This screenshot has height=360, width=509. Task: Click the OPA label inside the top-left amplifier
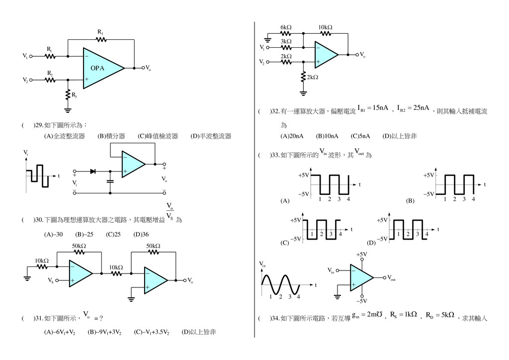click(97, 68)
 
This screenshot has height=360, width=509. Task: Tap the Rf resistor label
click(100, 33)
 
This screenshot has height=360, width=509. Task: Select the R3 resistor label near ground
click(74, 95)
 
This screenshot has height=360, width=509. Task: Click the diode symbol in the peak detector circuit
click(92, 171)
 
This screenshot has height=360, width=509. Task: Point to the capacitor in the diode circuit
click(110, 181)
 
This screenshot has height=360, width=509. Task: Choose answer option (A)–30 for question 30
click(53, 234)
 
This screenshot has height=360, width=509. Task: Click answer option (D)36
click(142, 234)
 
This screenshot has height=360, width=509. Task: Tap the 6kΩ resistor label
click(286, 27)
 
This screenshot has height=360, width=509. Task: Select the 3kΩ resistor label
click(286, 41)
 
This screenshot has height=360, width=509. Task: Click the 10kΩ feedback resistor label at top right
click(326, 27)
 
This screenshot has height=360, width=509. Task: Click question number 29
click(38, 125)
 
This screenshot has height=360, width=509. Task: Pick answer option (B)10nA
click(327, 136)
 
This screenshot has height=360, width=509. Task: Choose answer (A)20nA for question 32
click(292, 136)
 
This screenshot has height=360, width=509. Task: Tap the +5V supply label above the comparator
click(361, 254)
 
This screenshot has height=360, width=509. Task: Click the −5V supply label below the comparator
click(361, 301)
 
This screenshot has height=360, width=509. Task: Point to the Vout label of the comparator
click(391, 278)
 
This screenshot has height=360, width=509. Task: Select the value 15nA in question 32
click(379, 108)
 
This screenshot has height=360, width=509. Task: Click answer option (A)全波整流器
click(64, 136)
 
